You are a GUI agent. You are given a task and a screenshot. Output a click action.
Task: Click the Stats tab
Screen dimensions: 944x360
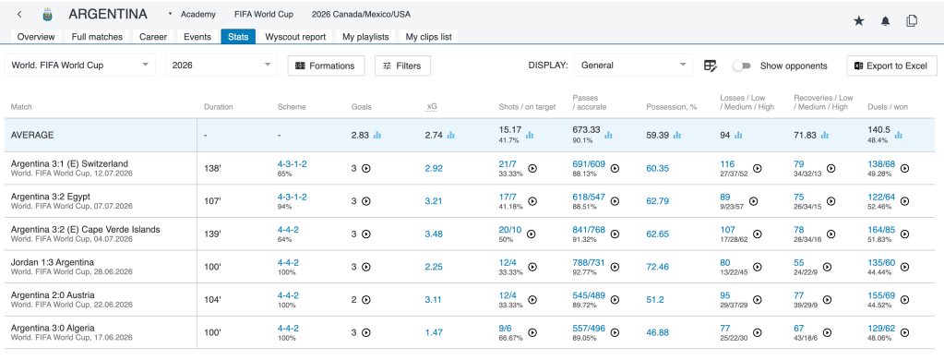(238, 37)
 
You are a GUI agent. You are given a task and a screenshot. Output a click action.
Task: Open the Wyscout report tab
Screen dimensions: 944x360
(295, 37)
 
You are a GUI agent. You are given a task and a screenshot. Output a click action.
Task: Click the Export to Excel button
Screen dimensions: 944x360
(891, 66)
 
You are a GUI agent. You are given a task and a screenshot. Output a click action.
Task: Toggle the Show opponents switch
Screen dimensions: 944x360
(741, 66)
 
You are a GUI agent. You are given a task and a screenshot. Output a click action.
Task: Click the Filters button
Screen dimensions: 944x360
(402, 66)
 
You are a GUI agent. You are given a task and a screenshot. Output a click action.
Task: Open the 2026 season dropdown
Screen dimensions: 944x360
(221, 66)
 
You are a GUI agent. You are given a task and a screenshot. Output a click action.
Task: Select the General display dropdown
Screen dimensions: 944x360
(633, 66)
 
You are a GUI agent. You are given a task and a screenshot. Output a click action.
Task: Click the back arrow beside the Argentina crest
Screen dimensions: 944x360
(20, 15)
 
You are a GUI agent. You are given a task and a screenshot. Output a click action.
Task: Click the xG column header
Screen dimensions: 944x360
(432, 106)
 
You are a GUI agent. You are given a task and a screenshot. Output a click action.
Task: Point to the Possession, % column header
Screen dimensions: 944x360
(671, 106)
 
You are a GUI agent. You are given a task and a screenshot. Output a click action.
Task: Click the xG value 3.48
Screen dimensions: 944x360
(434, 234)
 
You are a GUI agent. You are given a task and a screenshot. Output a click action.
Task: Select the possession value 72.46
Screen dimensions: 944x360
(657, 266)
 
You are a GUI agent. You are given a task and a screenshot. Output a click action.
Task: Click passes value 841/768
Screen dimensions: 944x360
(589, 229)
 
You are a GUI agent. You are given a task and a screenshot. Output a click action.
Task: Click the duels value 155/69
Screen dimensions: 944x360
(881, 295)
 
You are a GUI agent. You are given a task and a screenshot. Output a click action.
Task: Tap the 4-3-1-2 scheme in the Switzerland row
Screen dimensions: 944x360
(292, 163)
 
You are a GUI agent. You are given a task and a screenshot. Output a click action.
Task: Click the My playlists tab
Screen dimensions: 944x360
(365, 37)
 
